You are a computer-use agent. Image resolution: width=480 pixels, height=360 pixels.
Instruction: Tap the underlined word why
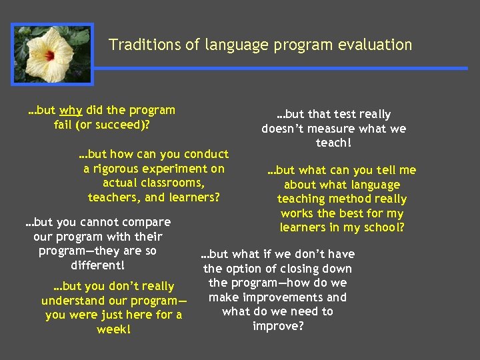[x=71, y=110]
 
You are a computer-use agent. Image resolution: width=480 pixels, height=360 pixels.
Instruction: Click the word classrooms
[x=173, y=183]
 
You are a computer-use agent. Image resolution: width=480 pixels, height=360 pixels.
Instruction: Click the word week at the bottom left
[x=113, y=329]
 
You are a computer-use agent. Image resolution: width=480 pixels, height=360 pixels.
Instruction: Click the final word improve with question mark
[x=278, y=326]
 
